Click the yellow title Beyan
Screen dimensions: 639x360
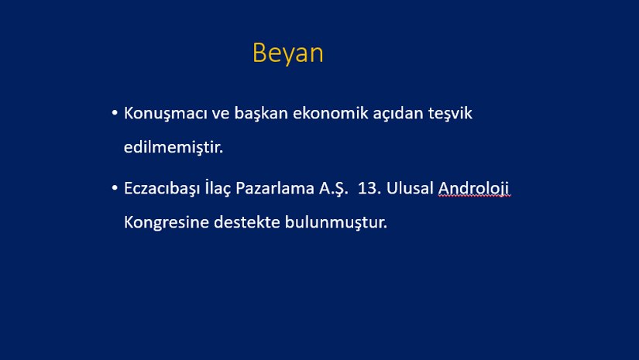(x=287, y=53)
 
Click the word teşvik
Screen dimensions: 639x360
(x=450, y=114)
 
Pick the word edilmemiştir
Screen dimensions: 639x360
(x=173, y=147)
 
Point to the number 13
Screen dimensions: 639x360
(x=369, y=189)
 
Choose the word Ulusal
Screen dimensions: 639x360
(x=410, y=188)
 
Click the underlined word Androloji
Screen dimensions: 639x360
(x=473, y=189)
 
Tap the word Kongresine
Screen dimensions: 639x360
(x=167, y=223)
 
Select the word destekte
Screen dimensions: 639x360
(x=246, y=222)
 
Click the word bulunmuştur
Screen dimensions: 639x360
(x=336, y=223)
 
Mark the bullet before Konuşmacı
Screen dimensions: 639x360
(x=115, y=112)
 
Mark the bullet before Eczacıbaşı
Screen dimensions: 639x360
(x=115, y=187)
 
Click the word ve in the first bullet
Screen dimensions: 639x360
(x=221, y=114)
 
